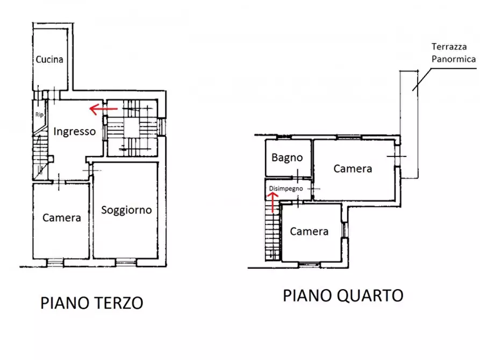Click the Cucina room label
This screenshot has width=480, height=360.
[49, 59]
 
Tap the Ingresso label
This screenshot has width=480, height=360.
[75, 131]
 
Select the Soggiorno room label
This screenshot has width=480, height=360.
[126, 210]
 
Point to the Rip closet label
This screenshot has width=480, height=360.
[39, 114]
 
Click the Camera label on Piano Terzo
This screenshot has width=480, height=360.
[62, 218]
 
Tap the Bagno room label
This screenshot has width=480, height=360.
[287, 158]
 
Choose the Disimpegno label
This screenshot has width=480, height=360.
[287, 189]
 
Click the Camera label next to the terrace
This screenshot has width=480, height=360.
[353, 169]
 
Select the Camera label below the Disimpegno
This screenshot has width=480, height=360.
[309, 232]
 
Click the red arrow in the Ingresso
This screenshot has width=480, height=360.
[103, 110]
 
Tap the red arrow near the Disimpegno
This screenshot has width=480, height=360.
[273, 202]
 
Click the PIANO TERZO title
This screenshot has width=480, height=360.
[92, 303]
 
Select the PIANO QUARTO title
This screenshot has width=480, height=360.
[343, 295]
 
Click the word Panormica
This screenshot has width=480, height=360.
[454, 59]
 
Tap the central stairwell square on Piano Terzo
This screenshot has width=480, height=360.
[132, 127]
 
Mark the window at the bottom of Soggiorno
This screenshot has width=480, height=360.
[126, 262]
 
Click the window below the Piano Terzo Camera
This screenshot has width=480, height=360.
[54, 262]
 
